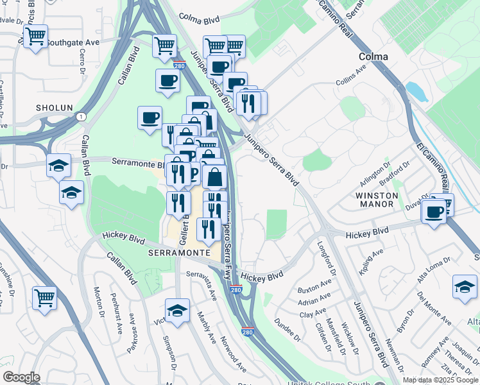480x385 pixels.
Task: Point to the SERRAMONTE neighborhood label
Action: pos(180,253)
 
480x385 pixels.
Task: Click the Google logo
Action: pos(21,377)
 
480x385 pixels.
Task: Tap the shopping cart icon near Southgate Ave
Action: pos(35,36)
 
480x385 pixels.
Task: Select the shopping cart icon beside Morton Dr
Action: pos(44,296)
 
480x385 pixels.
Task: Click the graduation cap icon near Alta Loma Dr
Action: pos(465,286)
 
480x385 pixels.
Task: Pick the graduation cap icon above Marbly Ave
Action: pos(177,310)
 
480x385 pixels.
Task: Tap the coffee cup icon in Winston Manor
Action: pos(434,212)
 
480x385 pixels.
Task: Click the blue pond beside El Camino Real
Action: pos(416,92)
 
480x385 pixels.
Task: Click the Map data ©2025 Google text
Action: pos(440,379)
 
